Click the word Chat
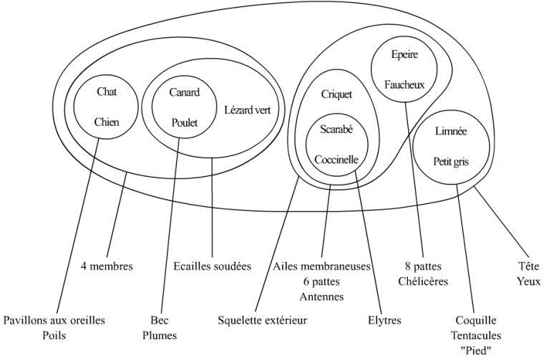(106, 92)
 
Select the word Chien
(107, 122)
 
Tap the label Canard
(184, 92)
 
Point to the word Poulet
(184, 122)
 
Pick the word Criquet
(336, 94)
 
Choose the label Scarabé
(336, 129)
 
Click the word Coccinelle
(336, 160)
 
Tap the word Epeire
(404, 54)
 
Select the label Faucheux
(404, 84)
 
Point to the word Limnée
(451, 132)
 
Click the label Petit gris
(451, 162)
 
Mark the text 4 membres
(107, 267)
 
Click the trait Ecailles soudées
(213, 267)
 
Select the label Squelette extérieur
(262, 320)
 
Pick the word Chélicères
(423, 281)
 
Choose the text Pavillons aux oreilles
(54, 320)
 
